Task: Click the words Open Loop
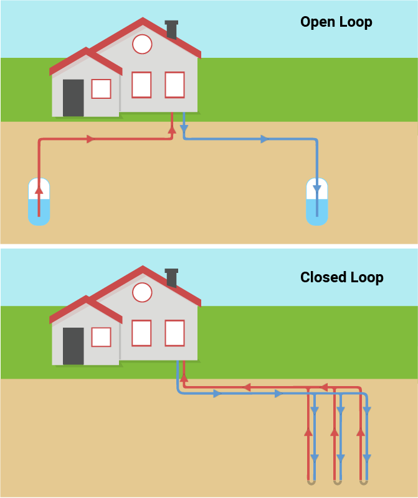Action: pos(336,22)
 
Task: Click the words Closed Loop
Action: pos(341,277)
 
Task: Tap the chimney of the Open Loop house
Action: pos(171,29)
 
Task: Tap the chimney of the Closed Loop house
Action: pos(171,277)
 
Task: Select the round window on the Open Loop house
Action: pos(142,44)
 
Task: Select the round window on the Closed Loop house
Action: pos(143,292)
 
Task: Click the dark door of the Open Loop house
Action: pos(73,98)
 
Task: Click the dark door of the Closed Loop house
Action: pos(73,346)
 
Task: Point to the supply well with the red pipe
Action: pos(39,201)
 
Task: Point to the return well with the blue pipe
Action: pos(316,201)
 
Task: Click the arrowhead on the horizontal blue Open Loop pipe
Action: pos(264,139)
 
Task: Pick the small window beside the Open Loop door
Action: pos(101,89)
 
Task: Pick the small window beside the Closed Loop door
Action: pos(101,337)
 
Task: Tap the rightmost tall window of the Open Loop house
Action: pos(174,85)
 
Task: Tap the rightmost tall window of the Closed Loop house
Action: pos(174,333)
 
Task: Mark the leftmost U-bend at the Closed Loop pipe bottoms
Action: pos(310,481)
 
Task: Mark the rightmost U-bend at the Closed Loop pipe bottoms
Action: pos(363,481)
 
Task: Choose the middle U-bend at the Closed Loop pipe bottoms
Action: pos(337,481)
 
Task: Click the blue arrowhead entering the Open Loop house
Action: pos(184,129)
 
